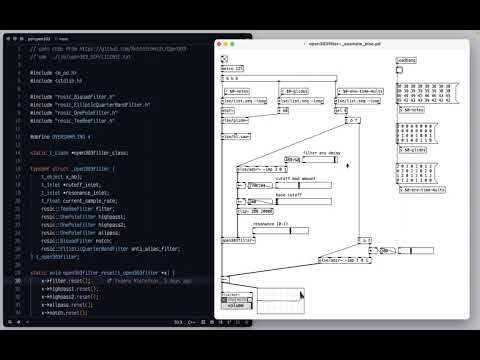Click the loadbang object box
coord(405,61)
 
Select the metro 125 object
coord(232,69)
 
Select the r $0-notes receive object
coord(237,91)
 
